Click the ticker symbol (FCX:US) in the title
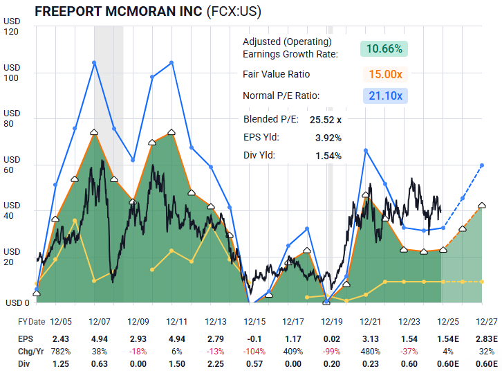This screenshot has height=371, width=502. (237, 12)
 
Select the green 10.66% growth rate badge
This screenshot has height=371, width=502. (384, 48)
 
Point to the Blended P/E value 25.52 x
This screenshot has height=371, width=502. (326, 119)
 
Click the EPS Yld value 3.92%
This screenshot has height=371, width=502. (328, 137)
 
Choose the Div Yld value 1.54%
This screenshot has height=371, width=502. (328, 156)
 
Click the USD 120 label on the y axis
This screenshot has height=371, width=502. (12, 26)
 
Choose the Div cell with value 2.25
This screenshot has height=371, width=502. (214, 363)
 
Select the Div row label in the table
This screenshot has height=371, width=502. (23, 363)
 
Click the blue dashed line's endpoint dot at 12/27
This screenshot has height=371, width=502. (482, 165)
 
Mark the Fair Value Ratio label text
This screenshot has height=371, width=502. (276, 73)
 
